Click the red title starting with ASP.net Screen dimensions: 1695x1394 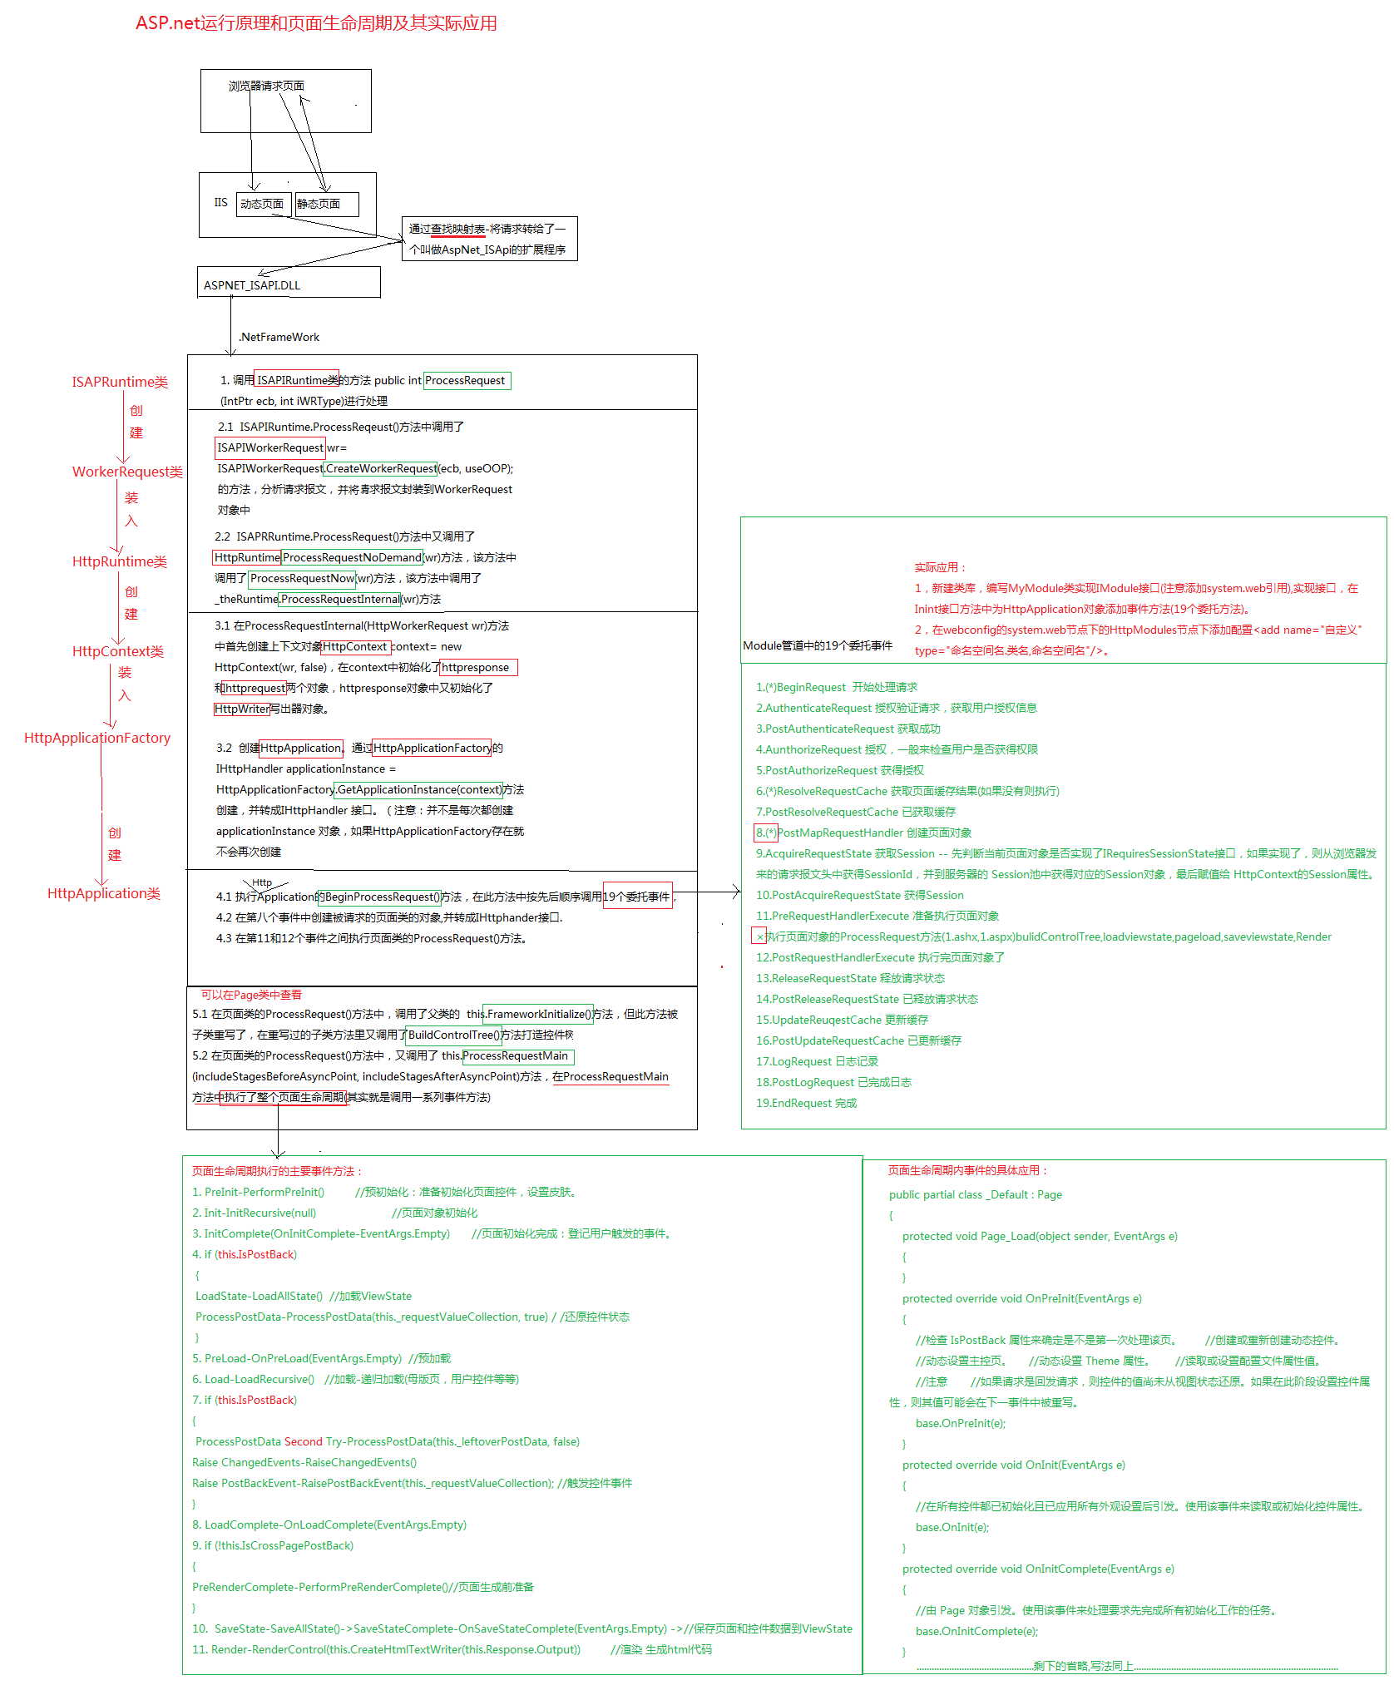tap(316, 23)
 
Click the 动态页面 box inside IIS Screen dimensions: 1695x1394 tap(263, 204)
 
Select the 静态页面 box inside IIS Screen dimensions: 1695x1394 tap(327, 204)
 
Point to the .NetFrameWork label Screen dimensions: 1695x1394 tap(279, 337)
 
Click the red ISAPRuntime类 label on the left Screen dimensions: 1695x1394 tap(120, 382)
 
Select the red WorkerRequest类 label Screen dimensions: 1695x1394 tap(127, 472)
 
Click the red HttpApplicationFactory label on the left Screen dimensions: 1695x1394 tap(97, 738)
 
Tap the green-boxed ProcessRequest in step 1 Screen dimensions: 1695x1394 tap(467, 380)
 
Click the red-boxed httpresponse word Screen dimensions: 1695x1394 tap(477, 667)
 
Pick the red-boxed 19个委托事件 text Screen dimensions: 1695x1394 tap(636, 897)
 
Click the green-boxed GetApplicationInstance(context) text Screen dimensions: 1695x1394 tap(419, 789)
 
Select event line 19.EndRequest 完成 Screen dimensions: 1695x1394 tap(806, 1103)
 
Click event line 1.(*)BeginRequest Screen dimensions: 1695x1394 tap(836, 687)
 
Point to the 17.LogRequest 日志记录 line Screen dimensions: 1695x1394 tap(817, 1061)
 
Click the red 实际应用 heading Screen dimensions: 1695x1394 tap(940, 567)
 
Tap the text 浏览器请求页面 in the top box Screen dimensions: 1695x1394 tap(266, 86)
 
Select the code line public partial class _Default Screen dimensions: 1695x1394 tap(975, 1194)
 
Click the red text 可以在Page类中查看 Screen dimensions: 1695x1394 tap(251, 995)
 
